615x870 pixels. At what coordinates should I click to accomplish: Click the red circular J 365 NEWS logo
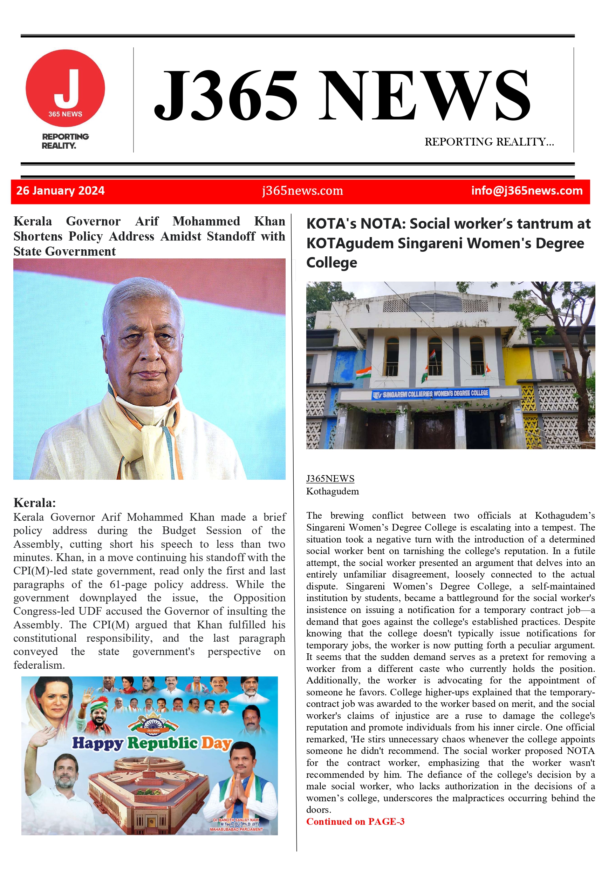[x=65, y=88]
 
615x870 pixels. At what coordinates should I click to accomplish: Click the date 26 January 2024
[x=61, y=191]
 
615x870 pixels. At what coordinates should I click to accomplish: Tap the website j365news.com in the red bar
[x=302, y=191]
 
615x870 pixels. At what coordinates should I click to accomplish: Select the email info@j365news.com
[x=526, y=191]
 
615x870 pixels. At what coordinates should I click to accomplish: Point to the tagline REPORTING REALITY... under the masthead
[x=489, y=142]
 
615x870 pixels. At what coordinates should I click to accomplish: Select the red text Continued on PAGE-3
[x=355, y=822]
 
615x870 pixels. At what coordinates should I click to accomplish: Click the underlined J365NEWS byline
[x=330, y=479]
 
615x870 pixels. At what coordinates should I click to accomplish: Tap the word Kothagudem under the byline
[x=333, y=492]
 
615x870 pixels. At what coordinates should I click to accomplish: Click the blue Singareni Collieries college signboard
[x=430, y=394]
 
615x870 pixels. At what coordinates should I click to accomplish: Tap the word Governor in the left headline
[x=93, y=221]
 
